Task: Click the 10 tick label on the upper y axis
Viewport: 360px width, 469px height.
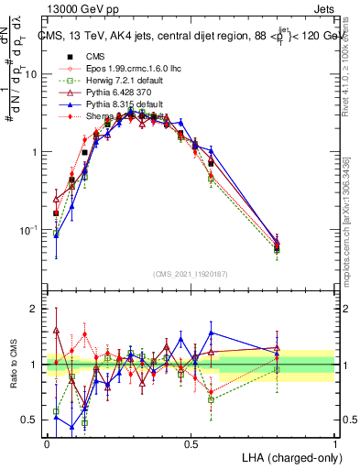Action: (32, 74)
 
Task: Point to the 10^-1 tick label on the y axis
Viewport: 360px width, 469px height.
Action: (30, 229)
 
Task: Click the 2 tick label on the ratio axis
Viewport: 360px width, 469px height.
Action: (35, 310)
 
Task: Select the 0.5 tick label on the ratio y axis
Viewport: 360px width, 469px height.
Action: (31, 420)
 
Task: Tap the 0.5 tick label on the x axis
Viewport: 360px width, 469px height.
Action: (191, 442)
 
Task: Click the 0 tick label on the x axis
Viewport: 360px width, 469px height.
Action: (48, 442)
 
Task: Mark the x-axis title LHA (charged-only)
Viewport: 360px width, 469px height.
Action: (291, 456)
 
